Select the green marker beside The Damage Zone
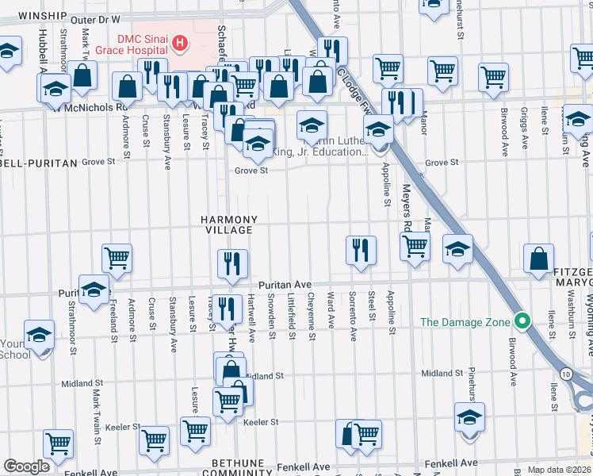(x=521, y=322)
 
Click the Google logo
(x=26, y=466)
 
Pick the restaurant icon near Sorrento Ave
(x=361, y=249)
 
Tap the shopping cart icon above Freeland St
(x=117, y=257)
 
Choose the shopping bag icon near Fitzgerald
(x=539, y=258)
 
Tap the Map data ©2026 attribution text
(x=560, y=470)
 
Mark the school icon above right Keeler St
(x=469, y=416)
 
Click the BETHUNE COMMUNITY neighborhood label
(x=231, y=467)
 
